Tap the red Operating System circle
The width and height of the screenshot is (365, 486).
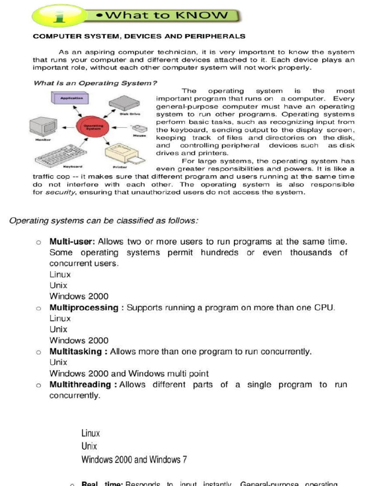click(93, 127)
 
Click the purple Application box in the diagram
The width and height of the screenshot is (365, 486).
click(71, 99)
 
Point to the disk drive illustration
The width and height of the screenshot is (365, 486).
click(124, 103)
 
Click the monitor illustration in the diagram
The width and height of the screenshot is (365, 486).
click(43, 127)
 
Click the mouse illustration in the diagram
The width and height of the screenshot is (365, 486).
click(139, 128)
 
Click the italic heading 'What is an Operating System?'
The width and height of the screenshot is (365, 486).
click(95, 83)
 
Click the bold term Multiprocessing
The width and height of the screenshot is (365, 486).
click(84, 308)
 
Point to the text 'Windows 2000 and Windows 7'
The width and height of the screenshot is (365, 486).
click(134, 459)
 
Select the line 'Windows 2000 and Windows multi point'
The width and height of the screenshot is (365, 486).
click(129, 374)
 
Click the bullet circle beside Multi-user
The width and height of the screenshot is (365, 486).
click(38, 243)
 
